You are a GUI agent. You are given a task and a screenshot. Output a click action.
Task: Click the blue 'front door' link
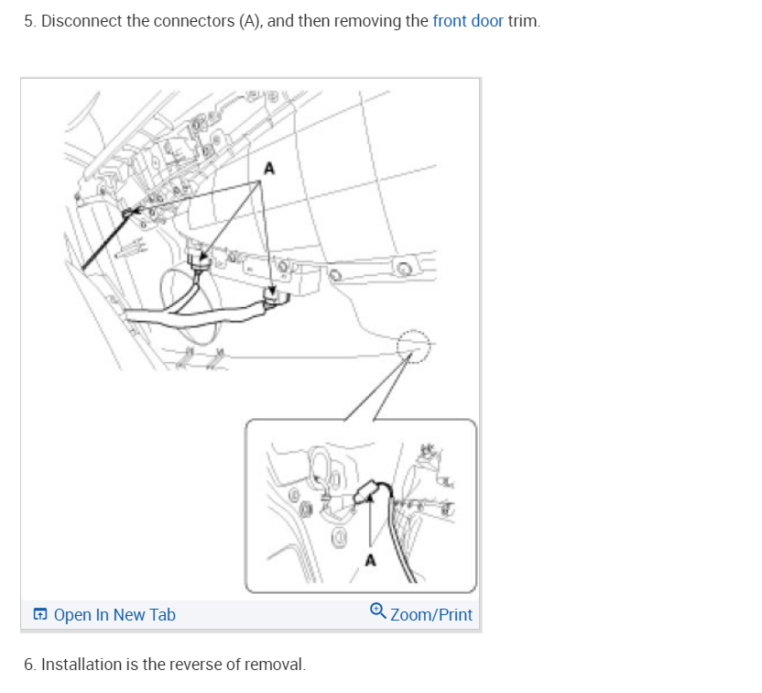pyautogui.click(x=467, y=20)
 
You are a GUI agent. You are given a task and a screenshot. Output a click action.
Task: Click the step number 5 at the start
pyautogui.click(x=28, y=20)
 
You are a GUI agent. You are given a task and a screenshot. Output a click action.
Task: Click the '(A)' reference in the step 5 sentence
pyautogui.click(x=251, y=20)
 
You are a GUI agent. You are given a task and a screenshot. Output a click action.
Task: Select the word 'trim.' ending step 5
pyautogui.click(x=524, y=20)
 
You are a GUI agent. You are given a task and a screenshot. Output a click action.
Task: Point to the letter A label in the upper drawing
pyautogui.click(x=268, y=168)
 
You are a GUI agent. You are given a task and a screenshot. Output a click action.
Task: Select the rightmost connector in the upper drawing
pyautogui.click(x=272, y=294)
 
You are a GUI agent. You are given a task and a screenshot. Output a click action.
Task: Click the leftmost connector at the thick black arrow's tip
pyautogui.click(x=128, y=214)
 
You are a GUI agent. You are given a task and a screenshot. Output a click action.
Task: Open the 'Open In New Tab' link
pyautogui.click(x=114, y=615)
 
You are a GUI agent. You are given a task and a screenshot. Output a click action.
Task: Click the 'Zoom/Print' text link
pyautogui.click(x=431, y=615)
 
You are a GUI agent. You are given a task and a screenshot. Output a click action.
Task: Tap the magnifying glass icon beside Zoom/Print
pyautogui.click(x=378, y=611)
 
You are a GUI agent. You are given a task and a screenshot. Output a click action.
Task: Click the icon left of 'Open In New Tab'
pyautogui.click(x=40, y=615)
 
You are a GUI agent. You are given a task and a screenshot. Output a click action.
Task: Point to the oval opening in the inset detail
pyautogui.click(x=321, y=468)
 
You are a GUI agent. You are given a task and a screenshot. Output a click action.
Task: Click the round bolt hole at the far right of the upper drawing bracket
pyautogui.click(x=403, y=268)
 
